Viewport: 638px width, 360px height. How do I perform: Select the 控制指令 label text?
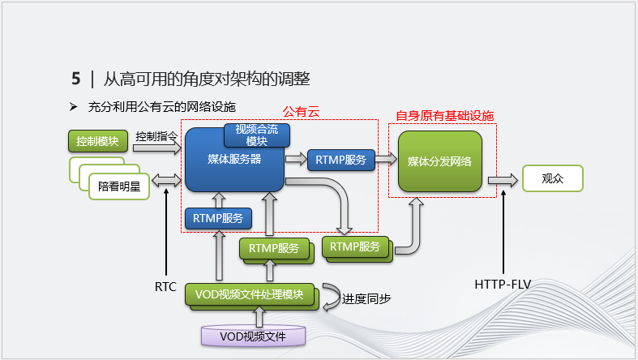(156, 137)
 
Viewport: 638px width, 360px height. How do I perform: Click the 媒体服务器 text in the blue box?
(233, 160)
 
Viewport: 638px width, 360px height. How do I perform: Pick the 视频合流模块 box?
(256, 135)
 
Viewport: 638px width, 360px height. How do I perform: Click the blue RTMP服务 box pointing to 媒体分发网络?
(340, 160)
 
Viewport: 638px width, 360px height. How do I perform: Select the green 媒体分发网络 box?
(440, 161)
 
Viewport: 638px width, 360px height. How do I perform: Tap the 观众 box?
(553, 178)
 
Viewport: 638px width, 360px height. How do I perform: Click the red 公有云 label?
(301, 112)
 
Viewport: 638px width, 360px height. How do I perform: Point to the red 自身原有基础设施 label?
(444, 116)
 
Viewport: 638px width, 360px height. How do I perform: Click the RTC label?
(165, 286)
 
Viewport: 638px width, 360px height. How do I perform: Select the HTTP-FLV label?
(503, 285)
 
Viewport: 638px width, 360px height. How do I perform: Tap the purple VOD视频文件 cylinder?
(254, 335)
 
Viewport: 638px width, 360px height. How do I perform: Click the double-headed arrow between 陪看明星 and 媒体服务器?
(169, 179)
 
